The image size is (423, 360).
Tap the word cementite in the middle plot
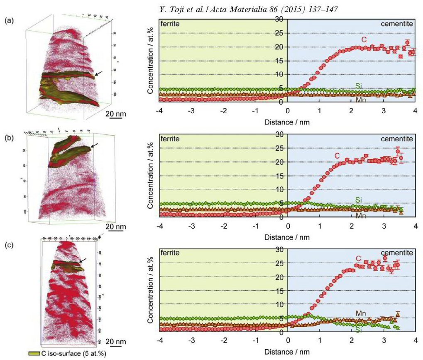(397, 139)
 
